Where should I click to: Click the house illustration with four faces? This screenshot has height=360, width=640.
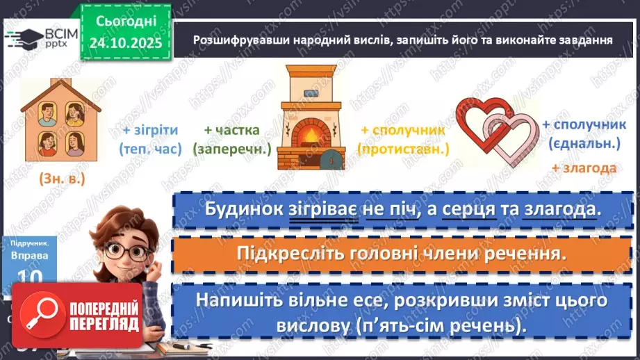tap(61, 122)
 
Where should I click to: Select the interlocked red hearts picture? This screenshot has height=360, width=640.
tap(498, 132)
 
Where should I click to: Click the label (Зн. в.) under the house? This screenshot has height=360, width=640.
tap(62, 179)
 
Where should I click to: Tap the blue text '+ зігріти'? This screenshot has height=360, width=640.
tap(150, 130)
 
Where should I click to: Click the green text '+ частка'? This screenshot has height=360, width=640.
tap(231, 130)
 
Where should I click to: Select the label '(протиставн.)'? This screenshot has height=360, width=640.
tap(403, 149)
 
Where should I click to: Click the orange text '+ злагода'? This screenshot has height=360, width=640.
tap(584, 168)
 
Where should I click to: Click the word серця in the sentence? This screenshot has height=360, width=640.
tap(475, 209)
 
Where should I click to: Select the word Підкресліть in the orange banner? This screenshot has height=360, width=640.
tap(279, 252)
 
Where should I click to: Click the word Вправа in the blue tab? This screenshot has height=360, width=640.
tap(29, 256)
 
